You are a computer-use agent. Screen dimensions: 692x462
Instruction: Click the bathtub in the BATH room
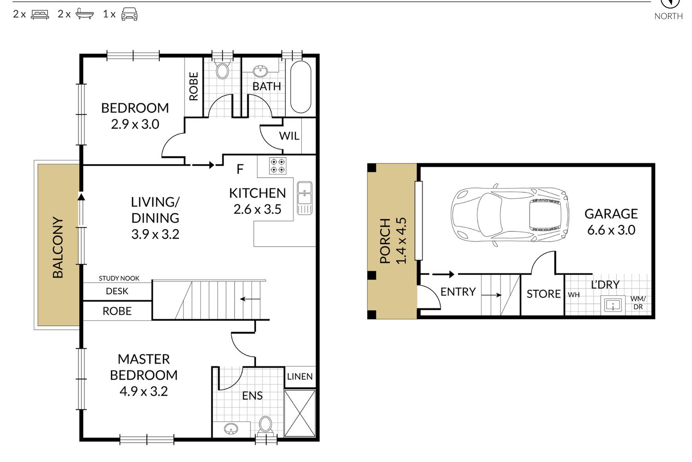(301, 87)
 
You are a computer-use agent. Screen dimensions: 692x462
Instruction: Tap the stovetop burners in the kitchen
(277, 165)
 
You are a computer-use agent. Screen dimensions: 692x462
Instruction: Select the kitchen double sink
(304, 198)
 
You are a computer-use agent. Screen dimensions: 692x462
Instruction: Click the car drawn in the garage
(510, 215)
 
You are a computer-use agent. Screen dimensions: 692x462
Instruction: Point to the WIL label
(289, 136)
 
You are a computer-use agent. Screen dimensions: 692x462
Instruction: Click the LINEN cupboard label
(300, 377)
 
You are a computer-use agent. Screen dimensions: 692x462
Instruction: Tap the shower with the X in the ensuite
(300, 413)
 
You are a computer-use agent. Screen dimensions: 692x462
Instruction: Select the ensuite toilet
(265, 425)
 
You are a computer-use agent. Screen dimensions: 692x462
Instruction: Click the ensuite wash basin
(231, 429)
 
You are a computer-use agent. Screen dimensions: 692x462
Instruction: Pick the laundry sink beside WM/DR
(613, 305)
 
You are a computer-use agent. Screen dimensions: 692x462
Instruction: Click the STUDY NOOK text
(119, 278)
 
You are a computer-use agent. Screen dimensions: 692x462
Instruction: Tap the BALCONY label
(58, 247)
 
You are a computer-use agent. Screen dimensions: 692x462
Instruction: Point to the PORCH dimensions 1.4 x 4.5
(401, 241)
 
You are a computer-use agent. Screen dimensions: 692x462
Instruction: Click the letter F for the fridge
(240, 169)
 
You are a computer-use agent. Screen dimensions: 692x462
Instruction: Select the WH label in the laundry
(574, 295)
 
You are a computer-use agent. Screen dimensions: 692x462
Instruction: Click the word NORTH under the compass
(668, 16)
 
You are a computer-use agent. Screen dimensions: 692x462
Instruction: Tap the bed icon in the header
(40, 14)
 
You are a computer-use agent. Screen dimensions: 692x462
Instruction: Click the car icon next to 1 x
(130, 14)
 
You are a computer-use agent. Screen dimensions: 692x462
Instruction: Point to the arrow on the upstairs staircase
(250, 299)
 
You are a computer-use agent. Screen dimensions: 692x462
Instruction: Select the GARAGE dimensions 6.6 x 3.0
(611, 230)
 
